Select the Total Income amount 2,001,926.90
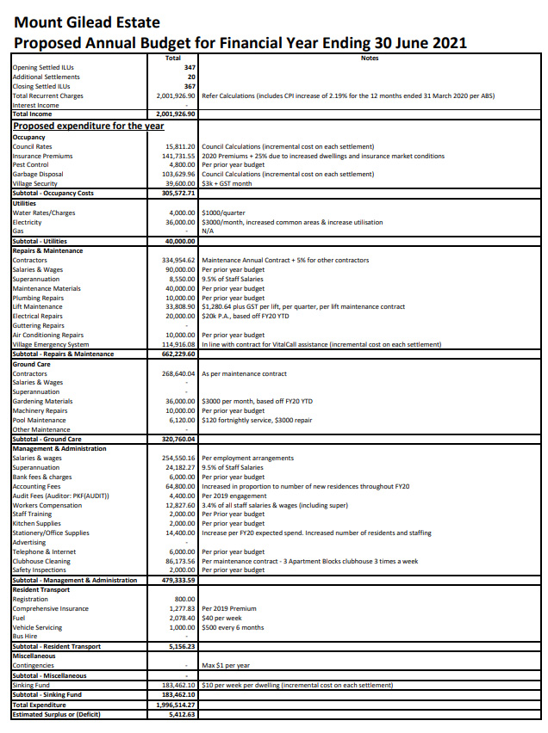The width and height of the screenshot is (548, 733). pos(177,114)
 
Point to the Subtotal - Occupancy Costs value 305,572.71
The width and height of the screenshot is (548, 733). pos(179,193)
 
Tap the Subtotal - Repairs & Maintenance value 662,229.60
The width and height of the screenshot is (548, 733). pos(179,354)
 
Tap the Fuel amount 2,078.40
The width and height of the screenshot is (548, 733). pos(183,618)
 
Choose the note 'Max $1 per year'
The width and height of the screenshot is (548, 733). pos(227,665)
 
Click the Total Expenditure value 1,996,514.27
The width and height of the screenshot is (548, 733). pos(176,705)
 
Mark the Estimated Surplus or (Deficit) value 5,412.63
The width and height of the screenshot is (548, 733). pos(181,714)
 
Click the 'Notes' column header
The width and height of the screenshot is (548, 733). pos(370,58)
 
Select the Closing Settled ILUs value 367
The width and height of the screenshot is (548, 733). pos(190,86)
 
